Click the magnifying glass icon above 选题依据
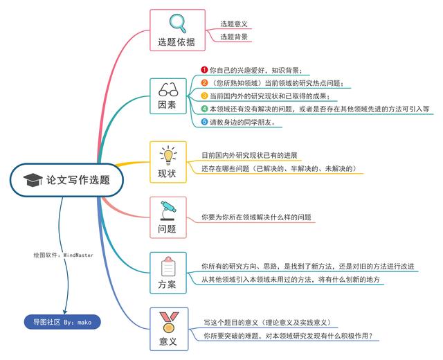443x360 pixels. point(178,23)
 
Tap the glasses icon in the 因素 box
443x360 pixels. point(168,89)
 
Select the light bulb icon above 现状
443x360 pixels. point(168,155)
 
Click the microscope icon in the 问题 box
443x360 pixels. point(168,210)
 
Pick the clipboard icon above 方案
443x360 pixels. point(168,267)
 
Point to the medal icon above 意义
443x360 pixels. point(169,322)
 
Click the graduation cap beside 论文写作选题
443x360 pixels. point(33,180)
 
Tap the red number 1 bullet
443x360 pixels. point(204,70)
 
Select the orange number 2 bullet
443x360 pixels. point(204,83)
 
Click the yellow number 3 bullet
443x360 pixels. point(204,96)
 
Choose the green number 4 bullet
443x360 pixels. point(204,109)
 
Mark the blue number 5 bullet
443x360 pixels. point(204,122)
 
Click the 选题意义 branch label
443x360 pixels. point(234,24)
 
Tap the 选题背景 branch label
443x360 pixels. point(234,37)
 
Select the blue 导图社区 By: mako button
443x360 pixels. point(62,322)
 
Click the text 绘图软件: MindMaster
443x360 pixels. point(63,255)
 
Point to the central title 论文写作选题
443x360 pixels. point(78,180)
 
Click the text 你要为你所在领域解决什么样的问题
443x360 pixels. point(256,217)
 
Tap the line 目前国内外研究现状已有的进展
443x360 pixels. point(249,155)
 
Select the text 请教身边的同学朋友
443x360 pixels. point(242,122)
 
